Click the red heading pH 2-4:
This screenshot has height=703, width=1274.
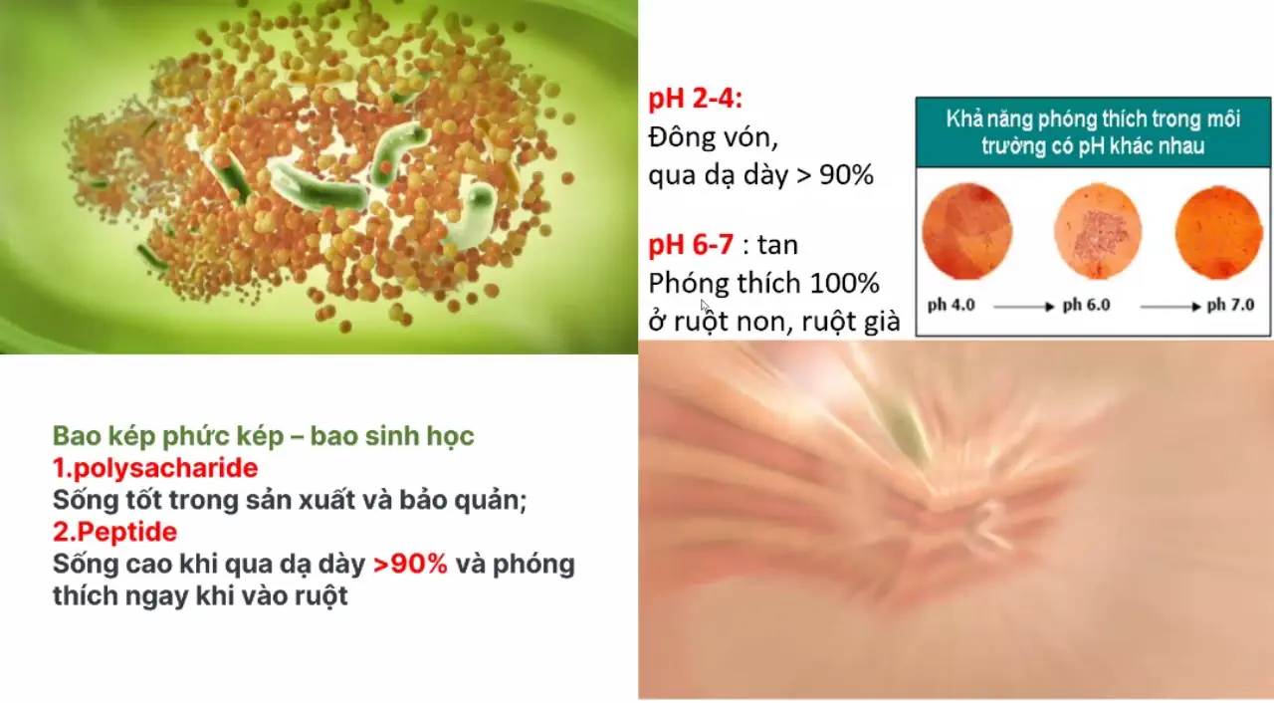695,99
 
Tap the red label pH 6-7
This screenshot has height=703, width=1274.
691,245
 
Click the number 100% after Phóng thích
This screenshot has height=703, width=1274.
844,283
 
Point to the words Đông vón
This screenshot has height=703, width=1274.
714,138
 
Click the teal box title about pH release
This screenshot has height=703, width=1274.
1093,132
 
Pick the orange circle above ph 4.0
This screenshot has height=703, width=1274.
966,231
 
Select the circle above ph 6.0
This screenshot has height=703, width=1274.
1098,231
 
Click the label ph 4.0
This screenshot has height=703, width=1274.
951,306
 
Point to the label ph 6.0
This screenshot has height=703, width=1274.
1086,306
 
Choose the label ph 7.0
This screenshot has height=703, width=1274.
1230,306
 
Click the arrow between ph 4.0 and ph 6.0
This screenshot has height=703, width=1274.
1024,307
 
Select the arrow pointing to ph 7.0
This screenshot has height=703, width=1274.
1170,307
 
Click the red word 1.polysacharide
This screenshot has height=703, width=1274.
155,468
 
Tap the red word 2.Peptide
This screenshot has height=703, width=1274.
114,532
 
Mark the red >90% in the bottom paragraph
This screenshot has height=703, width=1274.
410,565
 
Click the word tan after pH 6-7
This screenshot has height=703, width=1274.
777,246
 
